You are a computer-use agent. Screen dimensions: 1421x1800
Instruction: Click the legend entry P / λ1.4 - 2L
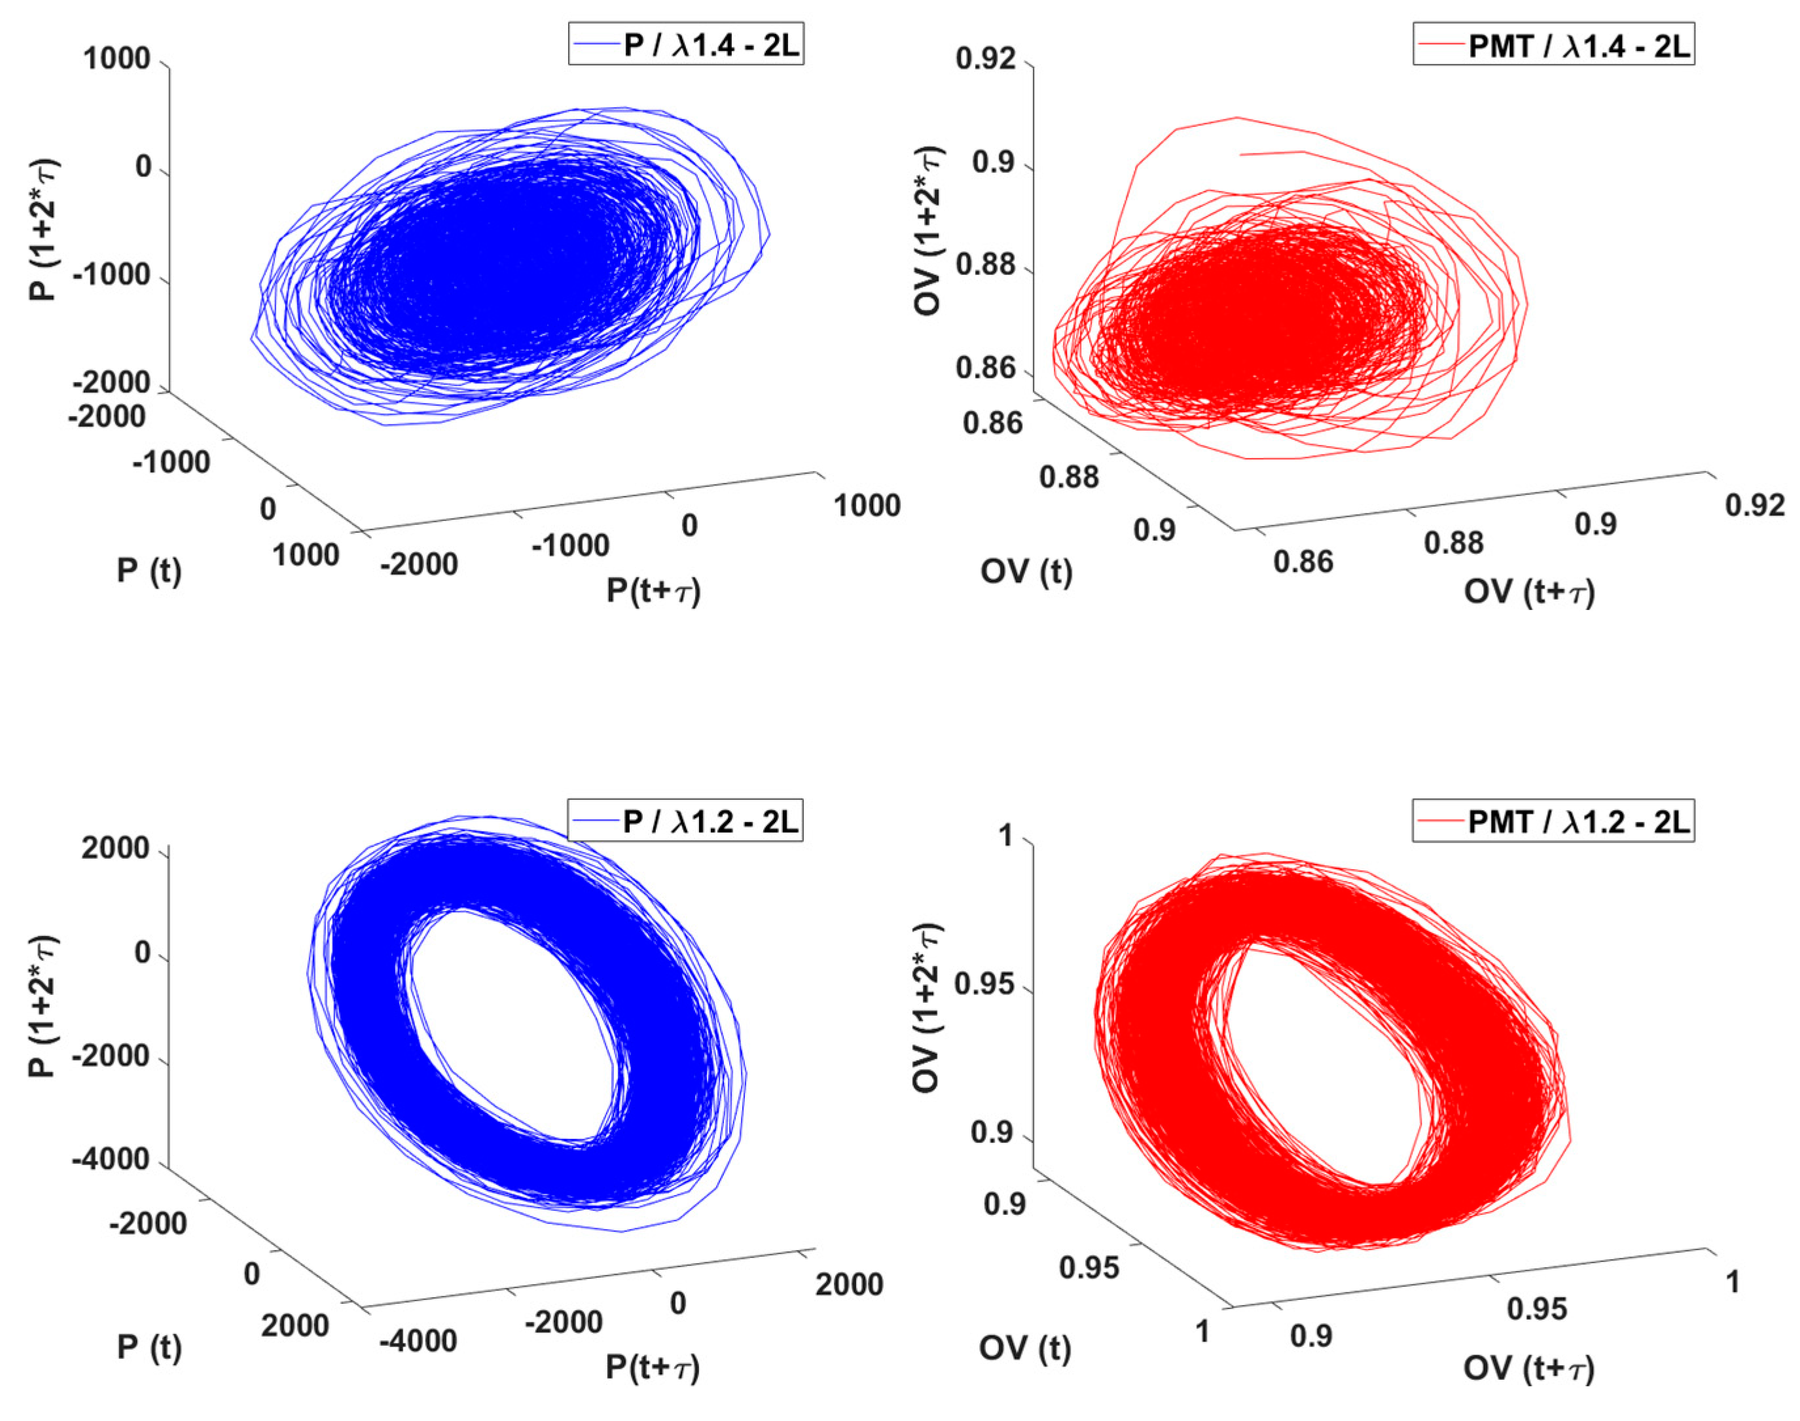[686, 45]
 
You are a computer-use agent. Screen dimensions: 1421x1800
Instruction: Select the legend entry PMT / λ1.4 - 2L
[1554, 45]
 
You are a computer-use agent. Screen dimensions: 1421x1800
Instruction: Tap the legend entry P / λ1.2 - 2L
[686, 822]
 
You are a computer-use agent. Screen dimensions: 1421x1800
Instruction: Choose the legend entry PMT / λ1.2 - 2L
[1554, 822]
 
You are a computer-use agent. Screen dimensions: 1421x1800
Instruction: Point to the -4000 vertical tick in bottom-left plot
[111, 1159]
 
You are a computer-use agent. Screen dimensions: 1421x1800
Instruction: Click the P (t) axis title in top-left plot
[149, 571]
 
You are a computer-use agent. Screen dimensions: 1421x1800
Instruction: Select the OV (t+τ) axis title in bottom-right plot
[1529, 1368]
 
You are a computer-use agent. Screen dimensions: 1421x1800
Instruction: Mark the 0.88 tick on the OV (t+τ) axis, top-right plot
[1453, 543]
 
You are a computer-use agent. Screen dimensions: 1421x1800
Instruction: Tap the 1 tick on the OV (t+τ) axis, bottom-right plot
[1733, 1282]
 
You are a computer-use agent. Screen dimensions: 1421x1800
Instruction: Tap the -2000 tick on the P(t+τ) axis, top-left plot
[419, 564]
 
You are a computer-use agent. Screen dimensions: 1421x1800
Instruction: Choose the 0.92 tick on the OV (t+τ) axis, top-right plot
[1754, 505]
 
